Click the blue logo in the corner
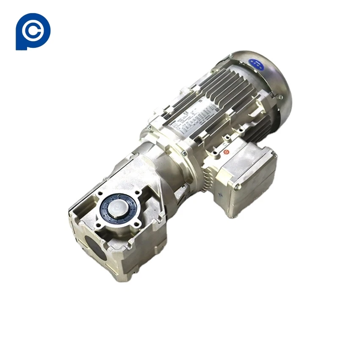coord(33,31)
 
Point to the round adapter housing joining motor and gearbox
coord(169,169)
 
